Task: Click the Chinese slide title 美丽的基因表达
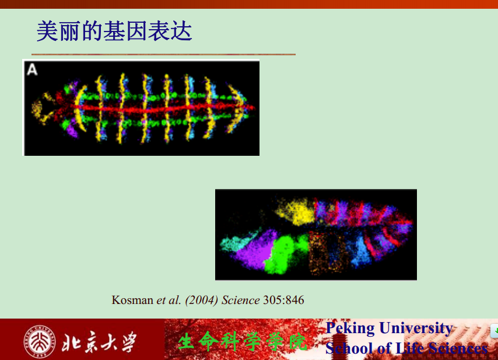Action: [114, 31]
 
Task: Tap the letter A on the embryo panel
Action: [32, 69]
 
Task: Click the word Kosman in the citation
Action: [132, 300]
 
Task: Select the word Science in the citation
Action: [240, 300]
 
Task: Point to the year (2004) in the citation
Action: [201, 300]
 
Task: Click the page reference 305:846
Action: [283, 300]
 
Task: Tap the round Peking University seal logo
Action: [40, 341]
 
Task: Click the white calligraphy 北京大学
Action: [99, 342]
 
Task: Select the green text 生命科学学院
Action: [243, 341]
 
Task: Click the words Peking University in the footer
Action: [390, 328]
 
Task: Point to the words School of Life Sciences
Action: [406, 348]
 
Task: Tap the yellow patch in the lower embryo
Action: [296, 211]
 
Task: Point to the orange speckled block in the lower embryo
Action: [328, 253]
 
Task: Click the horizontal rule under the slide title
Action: [163, 55]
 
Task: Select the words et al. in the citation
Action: [169, 300]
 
